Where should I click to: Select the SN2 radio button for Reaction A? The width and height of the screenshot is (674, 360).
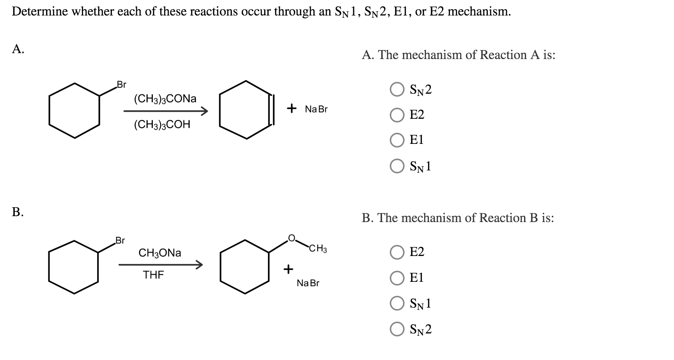[x=397, y=90]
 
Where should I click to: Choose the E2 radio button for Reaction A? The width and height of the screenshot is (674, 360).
[x=397, y=115]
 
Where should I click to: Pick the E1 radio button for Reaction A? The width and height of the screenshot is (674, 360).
[x=397, y=140]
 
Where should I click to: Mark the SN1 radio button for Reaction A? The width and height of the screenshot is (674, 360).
[x=397, y=166]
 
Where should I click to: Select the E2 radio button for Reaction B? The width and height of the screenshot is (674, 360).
[x=397, y=252]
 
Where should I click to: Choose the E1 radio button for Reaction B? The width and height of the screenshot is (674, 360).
[x=397, y=278]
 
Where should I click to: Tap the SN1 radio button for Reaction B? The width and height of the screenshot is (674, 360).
[x=397, y=304]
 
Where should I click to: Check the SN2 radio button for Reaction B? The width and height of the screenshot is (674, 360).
[x=397, y=329]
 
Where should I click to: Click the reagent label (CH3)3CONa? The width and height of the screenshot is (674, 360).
[x=165, y=99]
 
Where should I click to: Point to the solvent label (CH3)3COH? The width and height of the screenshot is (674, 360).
[x=162, y=125]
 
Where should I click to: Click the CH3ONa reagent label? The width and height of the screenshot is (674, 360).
[x=160, y=253]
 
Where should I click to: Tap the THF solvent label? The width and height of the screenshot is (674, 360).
[x=154, y=275]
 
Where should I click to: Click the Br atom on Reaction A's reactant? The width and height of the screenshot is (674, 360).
[x=121, y=84]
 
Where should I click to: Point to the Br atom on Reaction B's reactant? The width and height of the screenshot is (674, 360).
[x=120, y=241]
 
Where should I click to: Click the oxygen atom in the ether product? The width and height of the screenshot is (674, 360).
[x=292, y=238]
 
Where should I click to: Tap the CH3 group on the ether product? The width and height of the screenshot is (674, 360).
[x=318, y=249]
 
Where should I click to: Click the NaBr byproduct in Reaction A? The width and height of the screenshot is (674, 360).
[x=316, y=110]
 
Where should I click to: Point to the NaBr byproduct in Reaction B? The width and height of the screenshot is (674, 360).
[x=308, y=283]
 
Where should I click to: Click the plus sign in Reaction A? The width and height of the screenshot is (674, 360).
[x=292, y=108]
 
